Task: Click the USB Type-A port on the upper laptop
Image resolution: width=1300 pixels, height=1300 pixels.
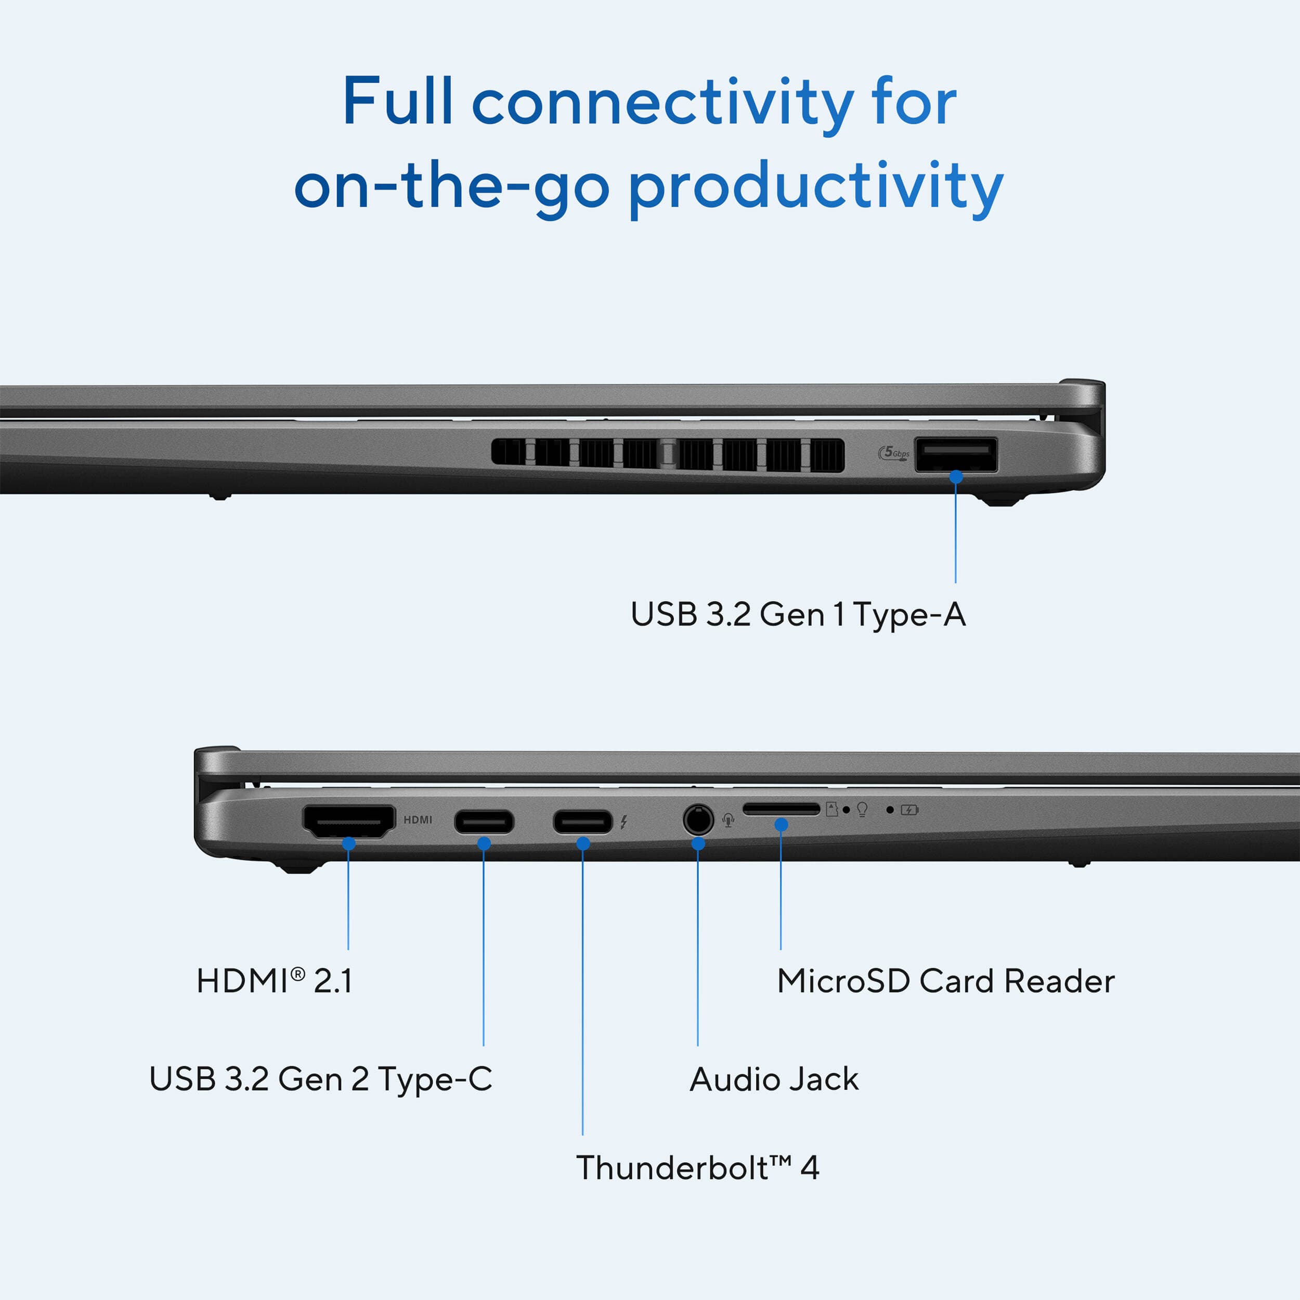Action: pos(955,455)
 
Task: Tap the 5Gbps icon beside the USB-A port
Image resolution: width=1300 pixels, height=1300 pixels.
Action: pos(893,453)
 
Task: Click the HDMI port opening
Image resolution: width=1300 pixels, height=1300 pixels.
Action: pos(348,821)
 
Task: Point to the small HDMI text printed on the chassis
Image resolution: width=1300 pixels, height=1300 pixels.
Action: pos(418,820)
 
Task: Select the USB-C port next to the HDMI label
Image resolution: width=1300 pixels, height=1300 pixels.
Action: pos(484,822)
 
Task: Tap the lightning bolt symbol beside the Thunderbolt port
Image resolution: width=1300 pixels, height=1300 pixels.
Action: pos(624,822)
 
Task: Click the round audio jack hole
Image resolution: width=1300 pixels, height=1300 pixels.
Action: pos(698,820)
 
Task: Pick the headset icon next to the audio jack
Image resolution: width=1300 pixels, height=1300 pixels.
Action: pos(728,820)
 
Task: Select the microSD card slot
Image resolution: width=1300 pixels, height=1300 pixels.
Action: pos(781,809)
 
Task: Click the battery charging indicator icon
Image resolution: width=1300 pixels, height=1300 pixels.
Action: pos(909,810)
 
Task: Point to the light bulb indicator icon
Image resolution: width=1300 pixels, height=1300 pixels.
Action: pos(862,810)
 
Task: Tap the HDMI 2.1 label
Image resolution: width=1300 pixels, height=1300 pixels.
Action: pos(274,981)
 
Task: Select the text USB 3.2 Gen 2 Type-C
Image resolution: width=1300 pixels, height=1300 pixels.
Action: pos(320,1078)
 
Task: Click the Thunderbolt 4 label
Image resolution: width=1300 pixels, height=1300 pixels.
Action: pos(698,1167)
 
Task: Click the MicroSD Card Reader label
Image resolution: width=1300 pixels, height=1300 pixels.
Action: pos(945,981)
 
